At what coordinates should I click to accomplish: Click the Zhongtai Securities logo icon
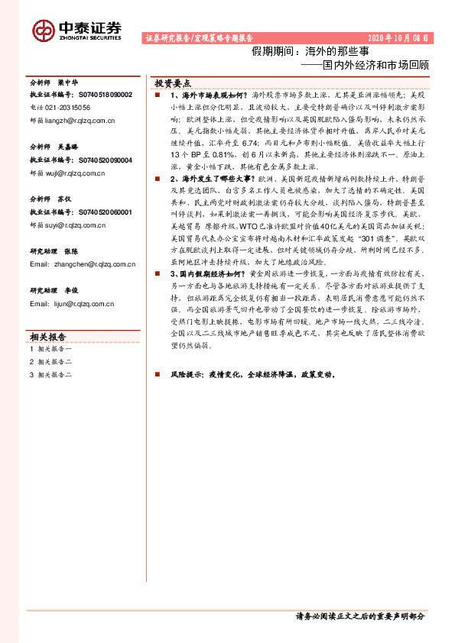43,30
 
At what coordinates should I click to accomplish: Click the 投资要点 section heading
173,82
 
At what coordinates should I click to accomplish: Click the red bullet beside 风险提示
156,376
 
